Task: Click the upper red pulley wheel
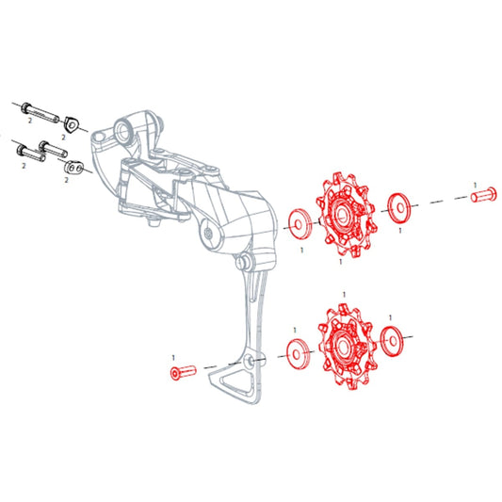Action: click(347, 215)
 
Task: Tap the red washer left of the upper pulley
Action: click(300, 223)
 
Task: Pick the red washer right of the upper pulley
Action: click(399, 208)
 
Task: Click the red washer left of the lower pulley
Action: click(298, 354)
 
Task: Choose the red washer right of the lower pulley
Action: click(392, 341)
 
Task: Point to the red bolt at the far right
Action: click(483, 195)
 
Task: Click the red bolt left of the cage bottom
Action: click(183, 373)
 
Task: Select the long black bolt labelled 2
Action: click(40, 112)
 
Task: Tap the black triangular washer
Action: click(71, 124)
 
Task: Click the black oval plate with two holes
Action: click(73, 168)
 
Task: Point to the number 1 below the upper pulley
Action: click(341, 262)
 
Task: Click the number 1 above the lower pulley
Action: click(344, 295)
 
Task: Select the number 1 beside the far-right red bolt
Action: click(475, 185)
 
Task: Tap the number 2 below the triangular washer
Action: click(63, 138)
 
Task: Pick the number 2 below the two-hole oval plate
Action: click(66, 180)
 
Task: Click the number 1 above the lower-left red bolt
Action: click(173, 357)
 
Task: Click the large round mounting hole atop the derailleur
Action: click(123, 130)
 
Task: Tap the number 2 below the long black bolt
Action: click(30, 121)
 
